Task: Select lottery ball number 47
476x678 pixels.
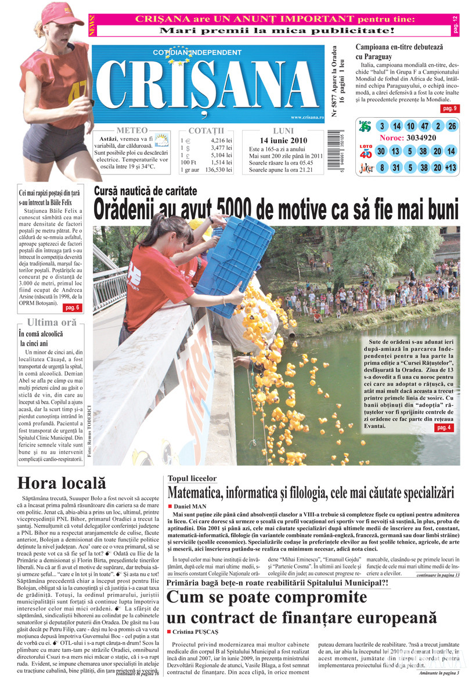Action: click(424, 126)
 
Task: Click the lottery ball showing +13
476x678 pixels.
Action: click(451, 168)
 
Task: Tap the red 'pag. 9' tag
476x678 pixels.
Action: click(449, 108)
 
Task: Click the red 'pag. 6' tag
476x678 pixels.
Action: click(72, 307)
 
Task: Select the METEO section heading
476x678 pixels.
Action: click(132, 130)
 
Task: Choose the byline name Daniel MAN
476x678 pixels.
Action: click(191, 506)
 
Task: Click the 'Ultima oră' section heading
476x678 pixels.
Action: click(51, 322)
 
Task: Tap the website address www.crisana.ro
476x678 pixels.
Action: click(303, 118)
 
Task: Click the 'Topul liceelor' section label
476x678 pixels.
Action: click(192, 478)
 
